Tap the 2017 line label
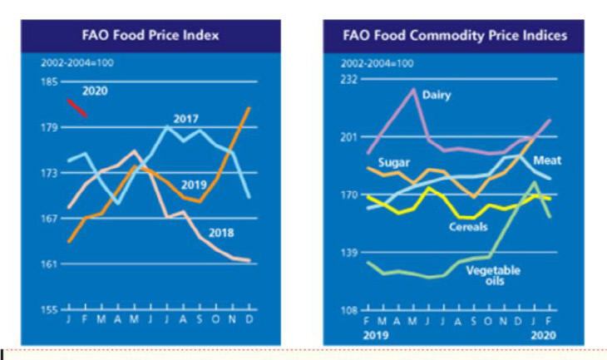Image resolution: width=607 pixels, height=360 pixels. tap(185, 117)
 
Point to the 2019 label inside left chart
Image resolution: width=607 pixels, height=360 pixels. tap(194, 185)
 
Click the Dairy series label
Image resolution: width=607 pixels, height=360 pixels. tap(437, 95)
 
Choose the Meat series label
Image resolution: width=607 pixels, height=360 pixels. tap(545, 158)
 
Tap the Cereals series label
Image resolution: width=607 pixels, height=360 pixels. tap(468, 226)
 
